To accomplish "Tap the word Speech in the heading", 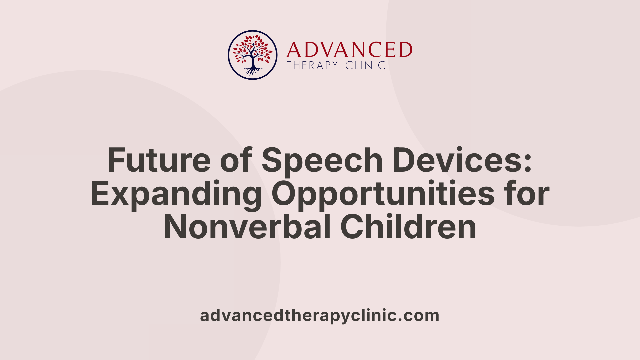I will tap(322, 160).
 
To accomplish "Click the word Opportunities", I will tap(383, 194).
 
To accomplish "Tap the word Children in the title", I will tap(408, 227).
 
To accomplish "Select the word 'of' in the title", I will tap(236, 160).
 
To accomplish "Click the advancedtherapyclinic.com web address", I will tap(320, 315).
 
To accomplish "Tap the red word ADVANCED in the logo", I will tap(349, 50).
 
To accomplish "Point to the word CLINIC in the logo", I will tap(366, 65).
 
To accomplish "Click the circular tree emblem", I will tap(253, 55).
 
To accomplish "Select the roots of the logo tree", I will tap(253, 71).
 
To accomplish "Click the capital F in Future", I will tap(115, 160).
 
